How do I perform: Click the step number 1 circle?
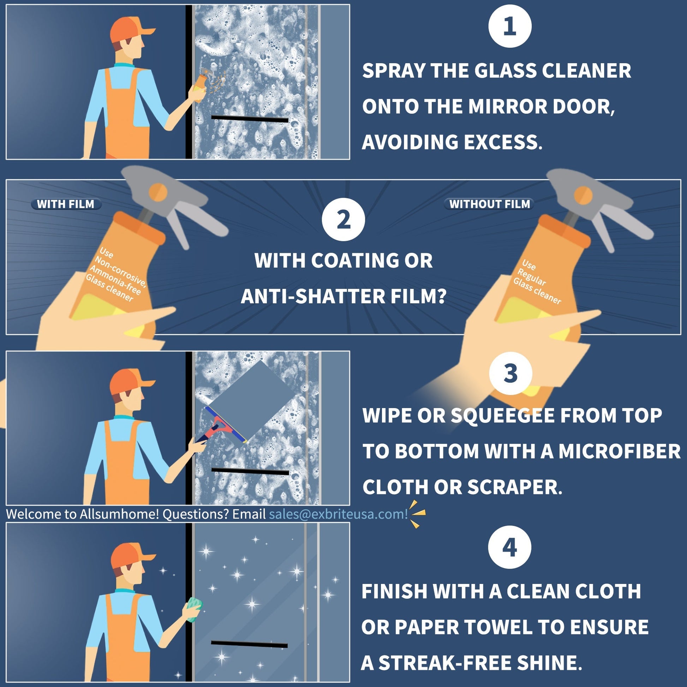coord(509,26)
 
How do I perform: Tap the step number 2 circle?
coord(343,219)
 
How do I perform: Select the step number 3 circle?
coord(510,373)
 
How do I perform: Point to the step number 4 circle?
coord(509,547)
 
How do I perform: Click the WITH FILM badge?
coord(66,204)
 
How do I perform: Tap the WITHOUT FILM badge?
coord(489,204)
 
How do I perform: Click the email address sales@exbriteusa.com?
coord(338,514)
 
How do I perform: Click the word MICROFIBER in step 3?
coord(619,451)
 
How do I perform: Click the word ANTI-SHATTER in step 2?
coord(312,296)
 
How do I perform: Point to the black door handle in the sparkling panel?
coord(249,644)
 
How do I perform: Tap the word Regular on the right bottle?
coord(531,277)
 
